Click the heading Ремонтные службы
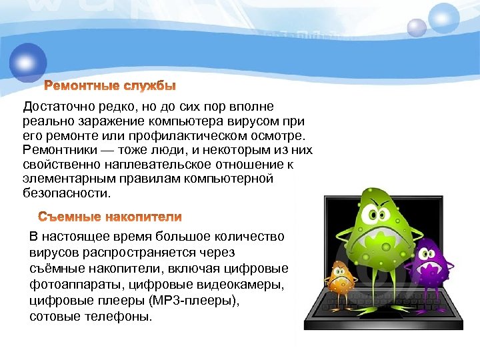pos(110,87)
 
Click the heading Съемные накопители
pos(109,217)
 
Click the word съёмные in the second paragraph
pos(60,269)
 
